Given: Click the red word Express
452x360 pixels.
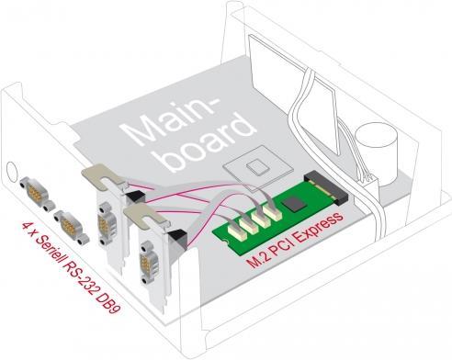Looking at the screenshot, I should tap(317, 229).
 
